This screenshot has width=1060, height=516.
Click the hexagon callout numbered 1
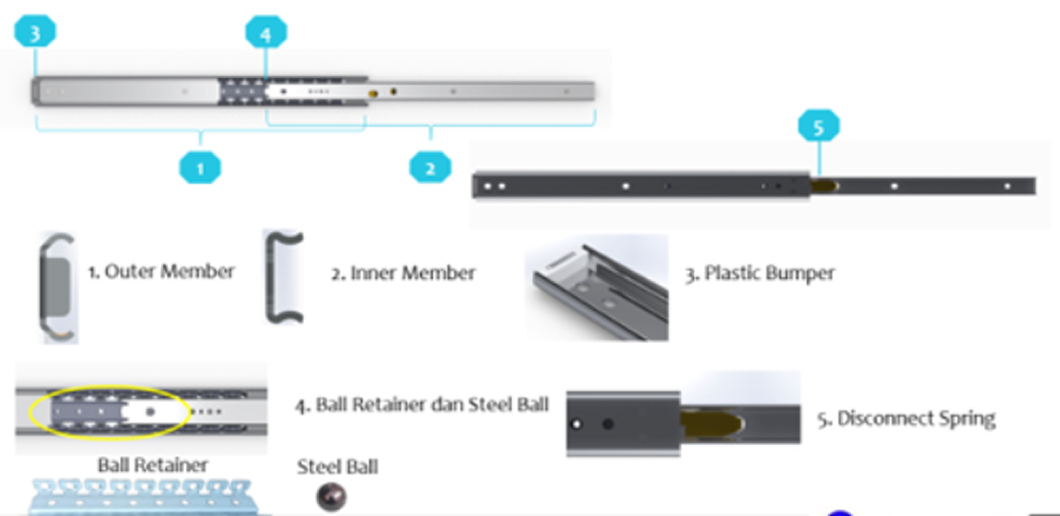[x=200, y=167]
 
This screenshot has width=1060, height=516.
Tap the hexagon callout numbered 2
[x=430, y=167]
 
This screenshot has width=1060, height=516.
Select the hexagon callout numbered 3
[x=36, y=32]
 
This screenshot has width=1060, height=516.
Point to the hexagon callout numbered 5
[x=818, y=126]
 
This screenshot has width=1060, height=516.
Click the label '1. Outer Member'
[x=162, y=272]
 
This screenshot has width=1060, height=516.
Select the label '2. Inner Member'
[x=403, y=273]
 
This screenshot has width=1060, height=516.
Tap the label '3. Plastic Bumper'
[x=759, y=273]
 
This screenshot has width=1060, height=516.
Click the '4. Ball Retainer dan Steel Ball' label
[x=421, y=405]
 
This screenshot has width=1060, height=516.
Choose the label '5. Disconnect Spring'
[x=906, y=418]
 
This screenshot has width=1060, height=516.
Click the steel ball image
[x=332, y=497]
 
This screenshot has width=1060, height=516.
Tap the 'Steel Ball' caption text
[x=338, y=466]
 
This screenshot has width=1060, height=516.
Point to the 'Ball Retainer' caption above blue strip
[x=153, y=465]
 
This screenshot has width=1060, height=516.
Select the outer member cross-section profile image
[x=57, y=287]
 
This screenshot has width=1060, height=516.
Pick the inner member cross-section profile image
[x=283, y=277]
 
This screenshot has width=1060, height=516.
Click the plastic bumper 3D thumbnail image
[x=597, y=287]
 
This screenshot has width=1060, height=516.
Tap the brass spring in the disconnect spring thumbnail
[x=713, y=423]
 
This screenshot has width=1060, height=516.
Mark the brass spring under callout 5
[x=825, y=185]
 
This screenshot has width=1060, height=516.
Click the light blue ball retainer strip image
[x=140, y=498]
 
